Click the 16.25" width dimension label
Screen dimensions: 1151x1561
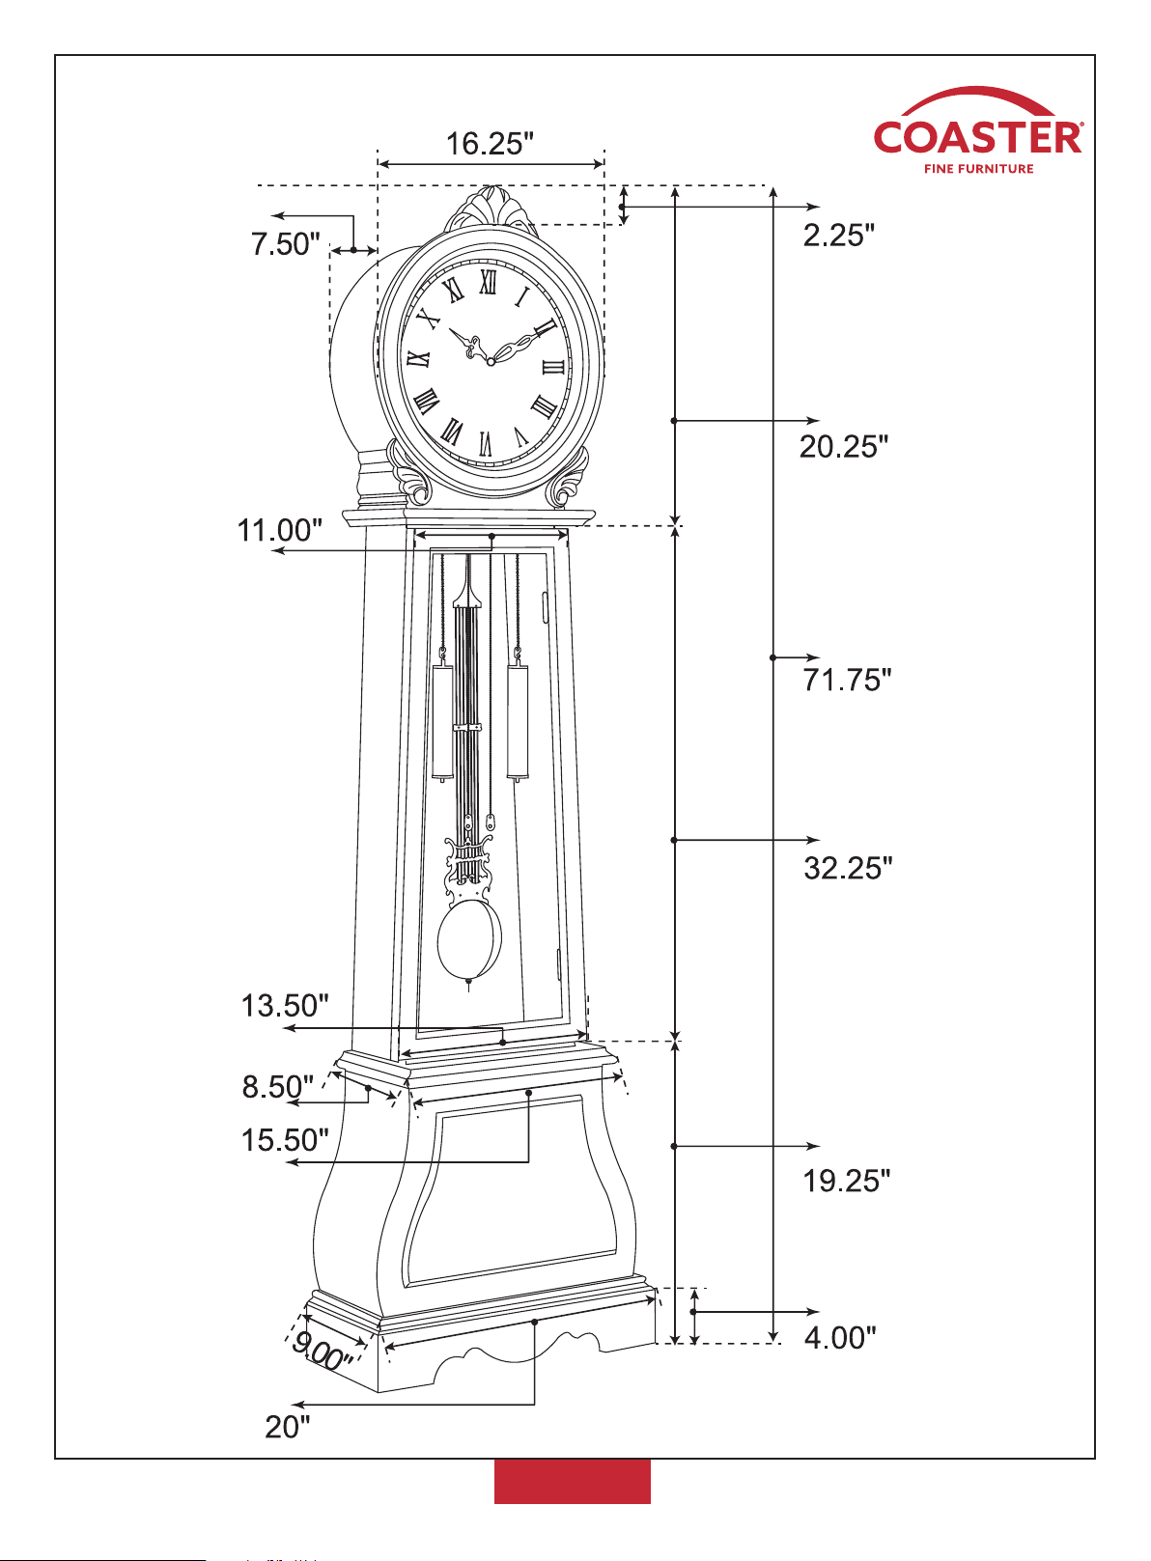(490, 144)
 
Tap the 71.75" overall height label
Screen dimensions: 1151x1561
(846, 680)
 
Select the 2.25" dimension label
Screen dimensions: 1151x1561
(838, 236)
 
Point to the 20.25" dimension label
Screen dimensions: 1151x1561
(844, 446)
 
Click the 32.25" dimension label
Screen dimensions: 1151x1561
(848, 868)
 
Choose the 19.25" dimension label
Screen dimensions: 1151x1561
(846, 1181)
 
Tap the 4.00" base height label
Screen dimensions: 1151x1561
(839, 1337)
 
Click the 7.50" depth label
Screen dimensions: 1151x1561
(285, 244)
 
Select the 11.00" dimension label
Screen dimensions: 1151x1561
(280, 530)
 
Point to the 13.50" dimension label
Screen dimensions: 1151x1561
(285, 1006)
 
